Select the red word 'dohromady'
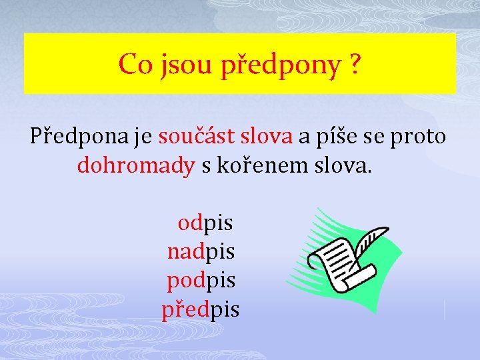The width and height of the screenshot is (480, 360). coord(135,165)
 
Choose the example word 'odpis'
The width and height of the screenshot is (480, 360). coord(205,223)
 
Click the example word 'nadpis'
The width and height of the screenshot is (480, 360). coord(201,252)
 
